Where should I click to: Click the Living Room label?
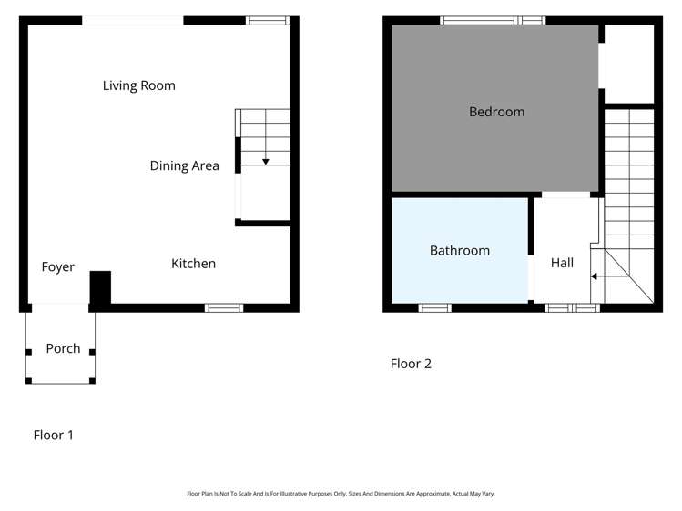pos(138,85)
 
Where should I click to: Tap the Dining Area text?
pos(184,165)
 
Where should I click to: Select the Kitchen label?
pos(193,264)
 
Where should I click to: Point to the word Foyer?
pos(57,267)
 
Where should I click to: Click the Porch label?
pos(63,348)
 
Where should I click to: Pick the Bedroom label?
pos(496,112)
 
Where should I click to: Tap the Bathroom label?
pos(459,250)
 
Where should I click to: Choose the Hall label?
pos(562,263)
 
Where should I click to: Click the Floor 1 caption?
pos(54,435)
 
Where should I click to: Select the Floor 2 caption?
pos(411,364)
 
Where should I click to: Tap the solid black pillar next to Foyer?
pos(100,287)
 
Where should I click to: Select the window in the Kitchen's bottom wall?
pos(223,307)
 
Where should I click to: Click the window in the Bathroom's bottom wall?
pos(434,307)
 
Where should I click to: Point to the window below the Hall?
pos(572,307)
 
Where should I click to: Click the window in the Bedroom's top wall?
pos(492,20)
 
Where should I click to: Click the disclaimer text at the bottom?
pos(341,494)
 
